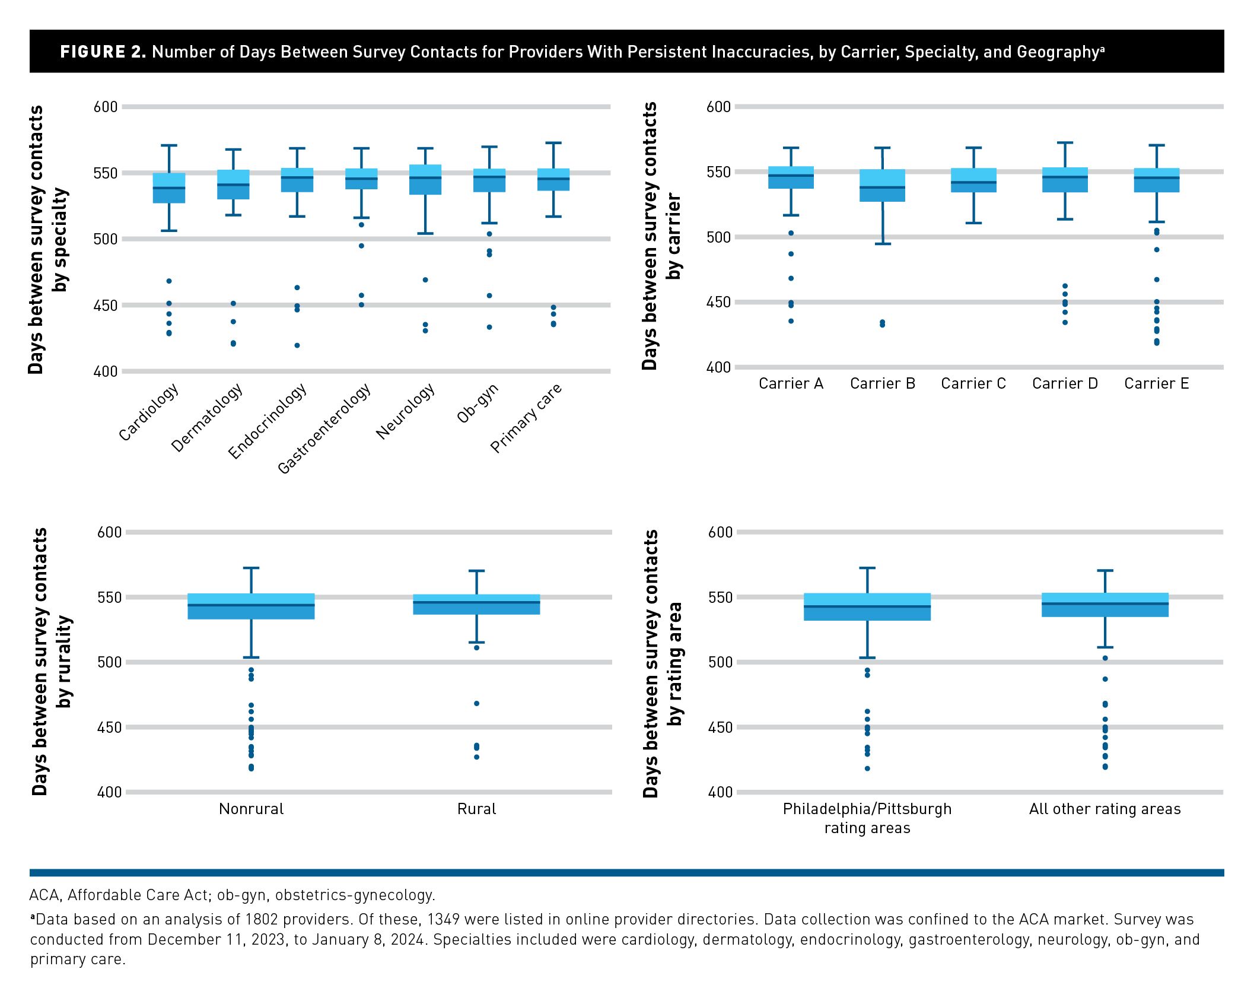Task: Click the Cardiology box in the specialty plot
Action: coord(169,188)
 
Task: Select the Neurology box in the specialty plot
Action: coord(425,180)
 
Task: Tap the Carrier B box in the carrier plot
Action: coord(883,186)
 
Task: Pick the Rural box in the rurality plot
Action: coord(476,604)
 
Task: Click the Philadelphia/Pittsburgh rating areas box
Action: coord(867,607)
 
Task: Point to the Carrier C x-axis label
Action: coord(973,384)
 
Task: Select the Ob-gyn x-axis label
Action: coord(478,403)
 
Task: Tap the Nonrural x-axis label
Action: coord(251,809)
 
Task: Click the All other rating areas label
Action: coord(1105,809)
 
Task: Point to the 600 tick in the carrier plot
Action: coord(718,107)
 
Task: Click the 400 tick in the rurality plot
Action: coord(109,792)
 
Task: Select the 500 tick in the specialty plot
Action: coord(106,239)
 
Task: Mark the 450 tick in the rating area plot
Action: coord(720,727)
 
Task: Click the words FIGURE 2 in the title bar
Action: coord(103,52)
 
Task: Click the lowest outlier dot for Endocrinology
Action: coord(297,345)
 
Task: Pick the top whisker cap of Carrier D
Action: coord(1065,143)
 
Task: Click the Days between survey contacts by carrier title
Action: coord(661,236)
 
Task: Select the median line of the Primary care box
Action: coord(553,179)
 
